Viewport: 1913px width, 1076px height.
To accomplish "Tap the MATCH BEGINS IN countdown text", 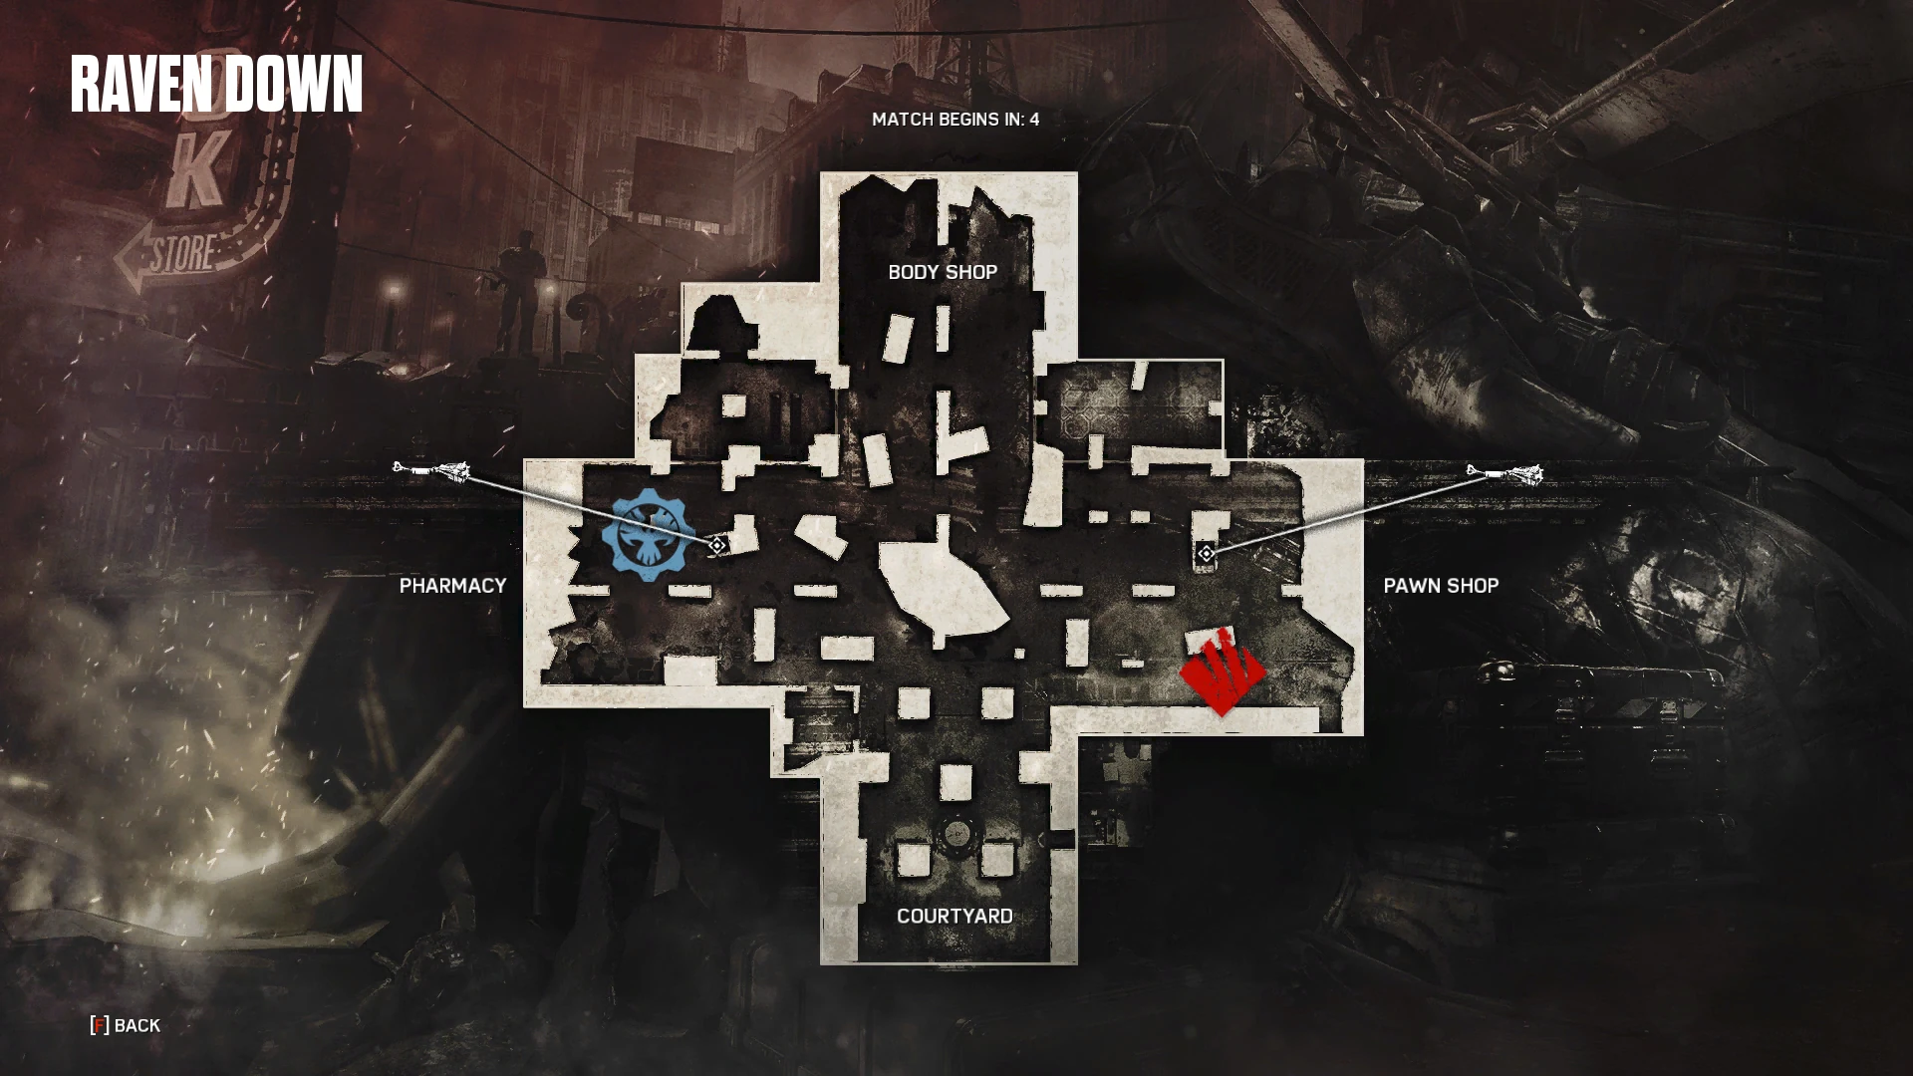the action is tap(955, 120).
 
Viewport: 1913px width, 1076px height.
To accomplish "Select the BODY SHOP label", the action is tap(942, 272).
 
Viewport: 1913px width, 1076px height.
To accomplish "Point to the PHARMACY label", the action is tap(452, 586).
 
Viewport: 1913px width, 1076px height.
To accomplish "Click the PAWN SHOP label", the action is tap(1440, 586).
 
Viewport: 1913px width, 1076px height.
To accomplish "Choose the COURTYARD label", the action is tap(954, 917).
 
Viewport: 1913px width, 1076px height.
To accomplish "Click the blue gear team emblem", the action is tap(648, 532).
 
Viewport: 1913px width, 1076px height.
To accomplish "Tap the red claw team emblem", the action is tap(1222, 672).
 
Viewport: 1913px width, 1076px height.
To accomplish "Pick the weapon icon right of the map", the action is tap(1504, 473).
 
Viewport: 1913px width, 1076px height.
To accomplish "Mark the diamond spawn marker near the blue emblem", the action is tap(716, 545).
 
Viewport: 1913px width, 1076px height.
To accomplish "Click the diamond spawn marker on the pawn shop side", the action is tap(1206, 553).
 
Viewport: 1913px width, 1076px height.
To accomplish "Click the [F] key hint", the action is tap(100, 1025).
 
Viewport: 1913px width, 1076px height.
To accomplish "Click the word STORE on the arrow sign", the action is tap(183, 253).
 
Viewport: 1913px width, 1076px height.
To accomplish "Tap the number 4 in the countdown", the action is tap(1034, 120).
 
